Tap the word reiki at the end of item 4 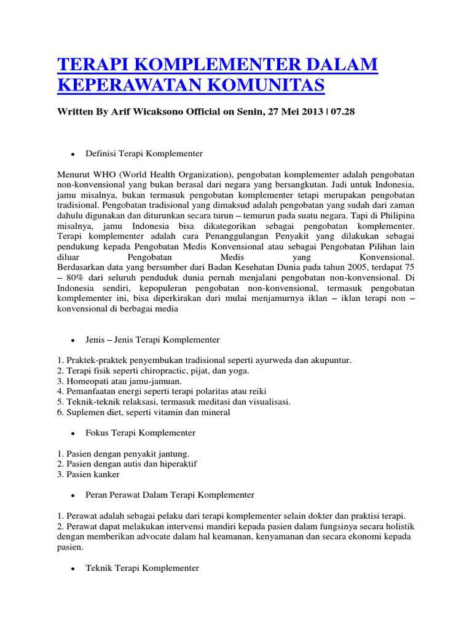(x=256, y=391)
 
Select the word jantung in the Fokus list (x=165, y=453)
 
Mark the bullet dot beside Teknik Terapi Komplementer (x=73, y=569)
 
